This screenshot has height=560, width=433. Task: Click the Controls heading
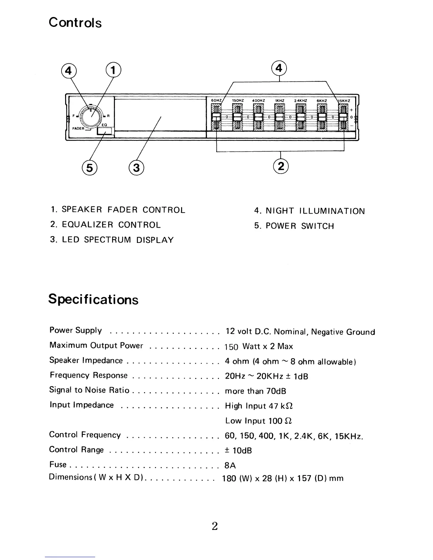coord(75,23)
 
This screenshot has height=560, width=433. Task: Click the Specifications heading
coord(93,299)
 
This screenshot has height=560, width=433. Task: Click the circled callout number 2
coord(281,165)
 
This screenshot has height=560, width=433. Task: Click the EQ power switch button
coord(104,131)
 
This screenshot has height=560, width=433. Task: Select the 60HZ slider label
coord(216,101)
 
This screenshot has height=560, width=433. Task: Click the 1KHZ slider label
coord(280,101)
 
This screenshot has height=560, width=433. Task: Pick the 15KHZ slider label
coord(344,101)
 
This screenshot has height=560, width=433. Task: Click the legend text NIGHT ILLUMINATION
coord(315,211)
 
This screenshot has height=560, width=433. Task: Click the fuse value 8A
coord(230,465)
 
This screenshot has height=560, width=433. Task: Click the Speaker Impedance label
coord(86,361)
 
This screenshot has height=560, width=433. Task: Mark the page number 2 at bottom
coord(214,526)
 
